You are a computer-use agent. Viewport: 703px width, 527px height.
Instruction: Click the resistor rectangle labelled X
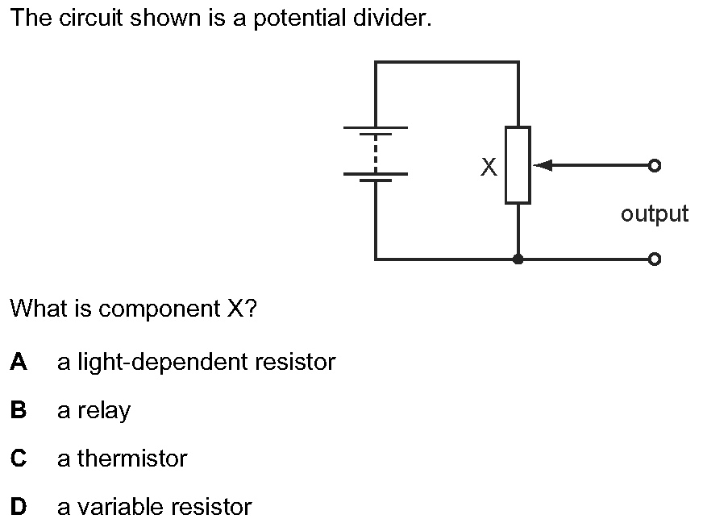[x=518, y=165]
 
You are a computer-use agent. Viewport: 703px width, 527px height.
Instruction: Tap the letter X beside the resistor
[x=488, y=167]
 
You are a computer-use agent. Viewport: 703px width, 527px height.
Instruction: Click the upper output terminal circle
[x=654, y=166]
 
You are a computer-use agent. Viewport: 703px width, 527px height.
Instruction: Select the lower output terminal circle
[x=654, y=259]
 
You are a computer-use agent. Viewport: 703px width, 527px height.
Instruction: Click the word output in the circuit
[x=655, y=214]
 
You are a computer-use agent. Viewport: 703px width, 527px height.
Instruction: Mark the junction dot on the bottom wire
[x=518, y=259]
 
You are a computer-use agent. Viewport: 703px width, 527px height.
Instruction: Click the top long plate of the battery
[x=376, y=127]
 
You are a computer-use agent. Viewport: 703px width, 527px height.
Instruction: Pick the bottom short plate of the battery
[x=376, y=181]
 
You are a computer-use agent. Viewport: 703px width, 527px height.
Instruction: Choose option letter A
[x=19, y=362]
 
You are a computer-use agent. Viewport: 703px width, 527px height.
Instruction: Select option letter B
[x=19, y=410]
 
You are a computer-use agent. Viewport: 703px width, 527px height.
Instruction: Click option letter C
[x=19, y=459]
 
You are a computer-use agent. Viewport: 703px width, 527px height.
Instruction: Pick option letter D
[x=19, y=507]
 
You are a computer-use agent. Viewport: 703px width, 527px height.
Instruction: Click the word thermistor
[x=132, y=459]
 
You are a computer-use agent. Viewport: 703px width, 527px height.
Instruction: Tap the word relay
[x=104, y=411]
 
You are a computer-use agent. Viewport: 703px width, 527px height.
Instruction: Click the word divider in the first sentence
[x=394, y=19]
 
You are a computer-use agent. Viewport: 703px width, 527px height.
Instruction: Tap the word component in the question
[x=158, y=309]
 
